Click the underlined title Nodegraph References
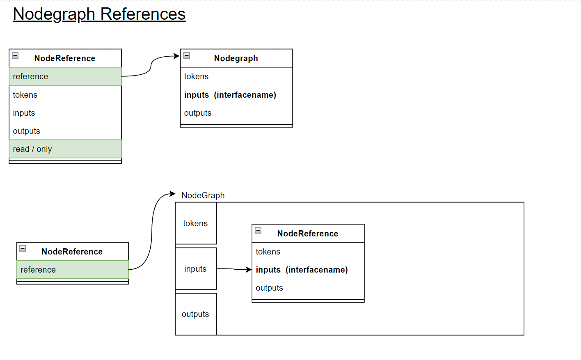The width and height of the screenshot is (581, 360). click(x=99, y=14)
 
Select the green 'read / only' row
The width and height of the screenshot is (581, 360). click(x=65, y=149)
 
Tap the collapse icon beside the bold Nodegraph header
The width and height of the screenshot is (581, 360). click(x=187, y=55)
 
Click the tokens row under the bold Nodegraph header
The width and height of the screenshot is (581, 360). click(x=236, y=76)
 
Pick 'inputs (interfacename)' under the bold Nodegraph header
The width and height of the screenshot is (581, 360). click(x=236, y=95)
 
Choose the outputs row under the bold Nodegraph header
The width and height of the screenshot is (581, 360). click(x=236, y=113)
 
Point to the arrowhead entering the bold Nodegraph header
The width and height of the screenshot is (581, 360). click(x=177, y=56)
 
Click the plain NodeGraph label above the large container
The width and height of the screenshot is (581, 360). click(x=203, y=195)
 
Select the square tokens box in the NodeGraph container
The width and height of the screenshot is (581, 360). click(x=195, y=223)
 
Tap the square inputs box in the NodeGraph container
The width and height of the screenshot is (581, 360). click(x=195, y=269)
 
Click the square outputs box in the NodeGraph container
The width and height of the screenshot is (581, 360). click(x=195, y=314)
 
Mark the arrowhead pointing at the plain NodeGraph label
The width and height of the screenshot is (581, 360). click(x=173, y=194)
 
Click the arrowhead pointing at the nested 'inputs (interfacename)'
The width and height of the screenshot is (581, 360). click(x=249, y=270)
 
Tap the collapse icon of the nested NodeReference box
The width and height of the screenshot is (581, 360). click(x=258, y=230)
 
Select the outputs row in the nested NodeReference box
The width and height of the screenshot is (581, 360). click(x=308, y=288)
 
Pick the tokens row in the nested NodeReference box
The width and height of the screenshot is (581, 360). click(x=308, y=252)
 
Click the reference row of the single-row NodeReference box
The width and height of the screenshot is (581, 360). click(x=72, y=270)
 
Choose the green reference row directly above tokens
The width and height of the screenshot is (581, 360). click(x=65, y=76)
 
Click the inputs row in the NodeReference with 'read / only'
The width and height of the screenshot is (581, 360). click(x=65, y=113)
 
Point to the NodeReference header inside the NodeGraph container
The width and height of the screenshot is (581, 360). click(x=308, y=234)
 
